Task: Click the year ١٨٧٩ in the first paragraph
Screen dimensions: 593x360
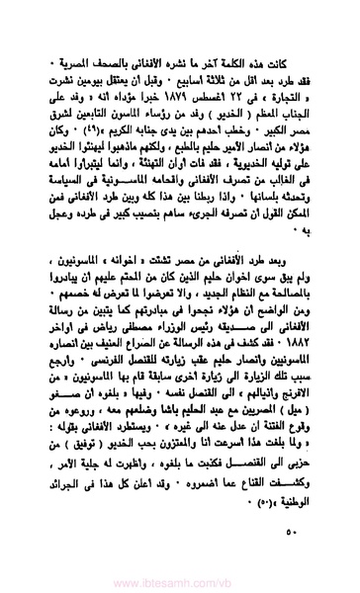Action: click(191, 109)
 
